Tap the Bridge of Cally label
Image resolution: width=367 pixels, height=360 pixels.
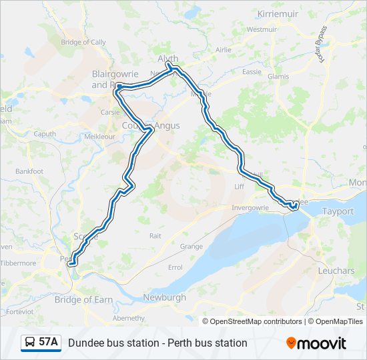83,42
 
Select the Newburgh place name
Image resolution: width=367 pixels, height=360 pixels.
164,297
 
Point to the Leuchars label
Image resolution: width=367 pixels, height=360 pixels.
337,271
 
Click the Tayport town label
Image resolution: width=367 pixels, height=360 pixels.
338,211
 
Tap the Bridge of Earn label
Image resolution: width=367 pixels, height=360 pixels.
83,300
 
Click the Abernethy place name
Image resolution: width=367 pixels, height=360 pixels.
129,318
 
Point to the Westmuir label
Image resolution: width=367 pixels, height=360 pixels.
262,29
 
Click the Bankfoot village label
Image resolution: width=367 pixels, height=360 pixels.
29,171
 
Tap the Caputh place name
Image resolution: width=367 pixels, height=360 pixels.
45,133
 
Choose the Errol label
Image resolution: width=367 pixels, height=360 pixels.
175,267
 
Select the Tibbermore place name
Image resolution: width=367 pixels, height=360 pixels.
19,263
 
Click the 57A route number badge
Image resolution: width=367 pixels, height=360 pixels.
48,343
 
